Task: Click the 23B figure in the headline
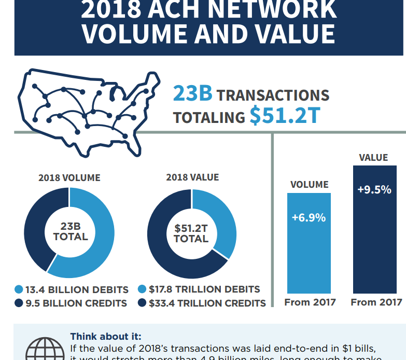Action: pos(192,94)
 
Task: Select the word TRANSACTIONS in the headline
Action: pos(273,95)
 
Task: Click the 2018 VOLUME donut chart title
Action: pos(69,177)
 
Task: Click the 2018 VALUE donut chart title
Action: pos(192,177)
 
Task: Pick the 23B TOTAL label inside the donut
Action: pos(71,232)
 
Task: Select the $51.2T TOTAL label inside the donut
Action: pos(191,233)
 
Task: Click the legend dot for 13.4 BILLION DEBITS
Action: pos(19,289)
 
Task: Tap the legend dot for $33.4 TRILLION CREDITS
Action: pos(142,303)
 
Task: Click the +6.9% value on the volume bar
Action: pos(309,217)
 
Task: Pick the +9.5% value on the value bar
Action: pos(374,189)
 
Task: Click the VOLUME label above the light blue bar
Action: pos(309,184)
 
